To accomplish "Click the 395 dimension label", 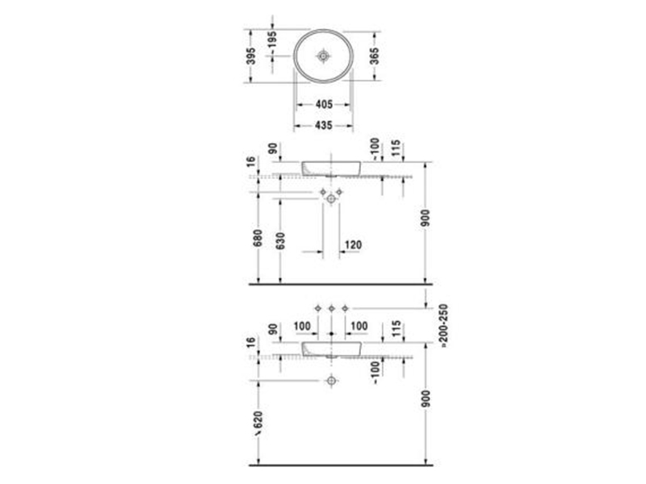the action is pos(251,56).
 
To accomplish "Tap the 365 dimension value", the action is pos(374,56).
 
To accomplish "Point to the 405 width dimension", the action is pos(324,105).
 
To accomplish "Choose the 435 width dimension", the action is pos(324,125).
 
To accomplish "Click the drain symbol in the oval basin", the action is pos(324,56).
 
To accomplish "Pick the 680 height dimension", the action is pos(258,238).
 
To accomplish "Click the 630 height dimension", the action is pos(280,240).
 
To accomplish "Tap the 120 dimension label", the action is pos(353,245).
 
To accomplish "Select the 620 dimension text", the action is pos(258,423).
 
